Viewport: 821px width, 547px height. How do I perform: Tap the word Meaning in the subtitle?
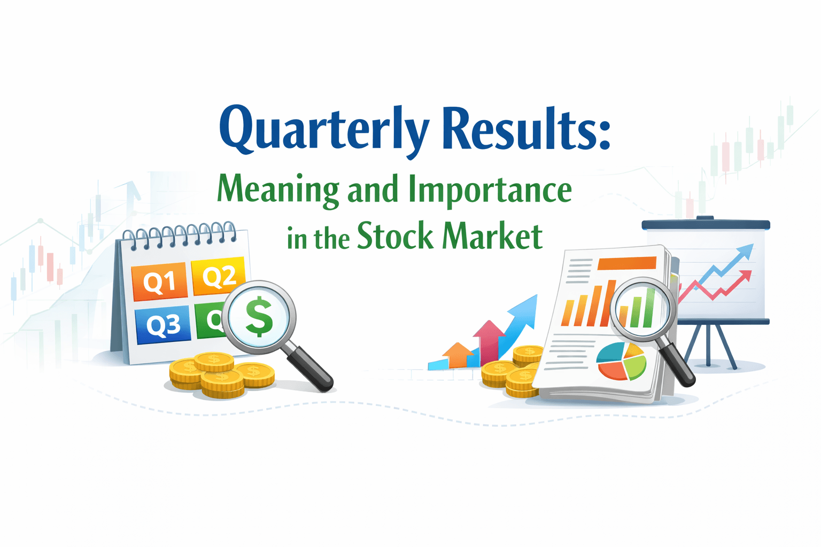[278, 190]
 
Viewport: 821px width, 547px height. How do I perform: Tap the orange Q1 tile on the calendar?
[159, 281]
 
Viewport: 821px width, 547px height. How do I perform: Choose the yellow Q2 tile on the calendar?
[218, 276]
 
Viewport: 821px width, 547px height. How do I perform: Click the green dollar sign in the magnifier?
[259, 316]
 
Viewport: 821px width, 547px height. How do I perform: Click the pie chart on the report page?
[621, 361]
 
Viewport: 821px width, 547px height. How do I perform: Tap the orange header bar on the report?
[627, 263]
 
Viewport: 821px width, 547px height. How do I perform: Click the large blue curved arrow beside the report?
[519, 323]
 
